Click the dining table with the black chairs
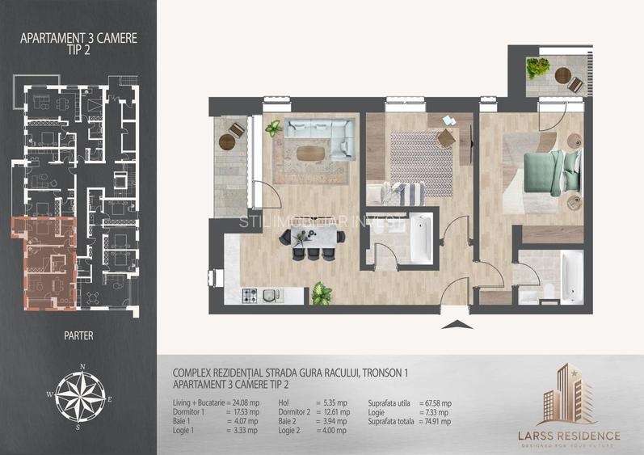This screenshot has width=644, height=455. [311, 236]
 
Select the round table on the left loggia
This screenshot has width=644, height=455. [226, 142]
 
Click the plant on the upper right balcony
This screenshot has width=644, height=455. [537, 68]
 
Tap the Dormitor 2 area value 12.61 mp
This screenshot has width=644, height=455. [334, 412]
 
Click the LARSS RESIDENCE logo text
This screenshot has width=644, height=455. [569, 436]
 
